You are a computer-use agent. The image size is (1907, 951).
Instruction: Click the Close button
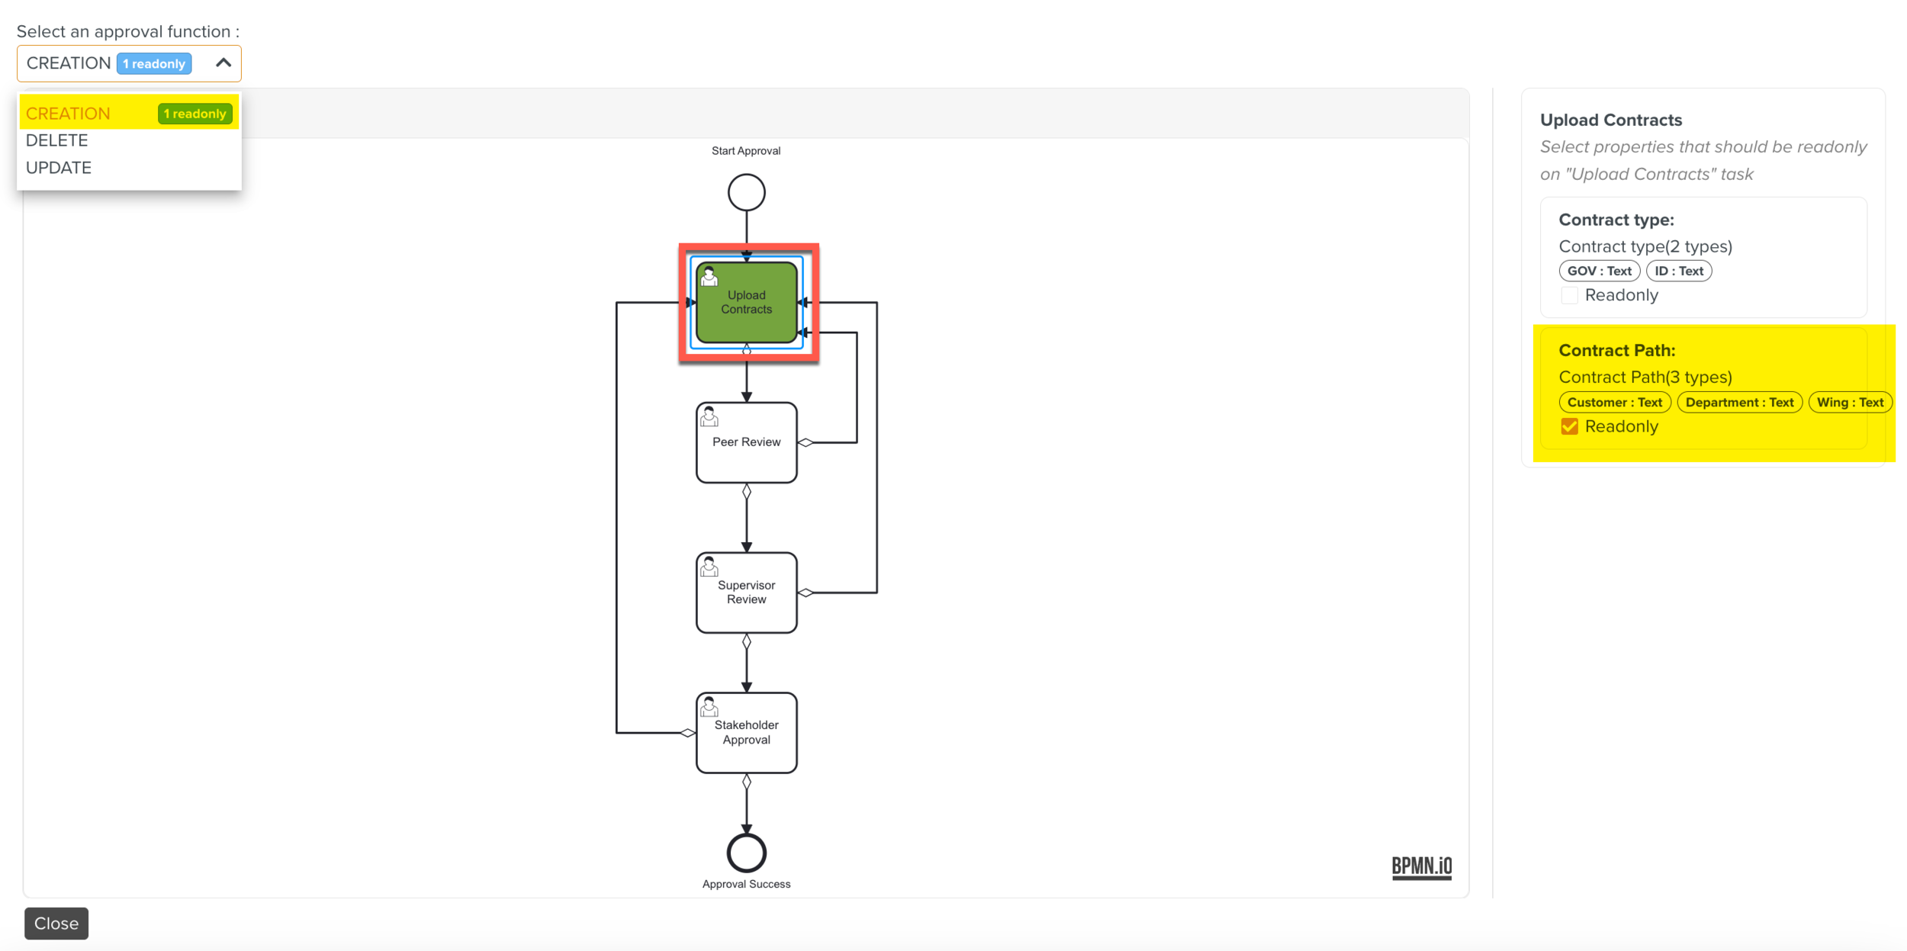click(x=56, y=923)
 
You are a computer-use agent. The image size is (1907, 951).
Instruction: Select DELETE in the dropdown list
click(x=57, y=140)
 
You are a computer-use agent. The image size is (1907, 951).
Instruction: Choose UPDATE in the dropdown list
click(x=59, y=168)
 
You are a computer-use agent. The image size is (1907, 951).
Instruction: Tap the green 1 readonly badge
click(x=195, y=114)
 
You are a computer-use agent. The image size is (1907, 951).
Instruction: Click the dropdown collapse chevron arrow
click(x=223, y=63)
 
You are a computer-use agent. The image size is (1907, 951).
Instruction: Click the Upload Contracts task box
click(x=746, y=303)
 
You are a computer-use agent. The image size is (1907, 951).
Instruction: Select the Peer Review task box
click(x=746, y=442)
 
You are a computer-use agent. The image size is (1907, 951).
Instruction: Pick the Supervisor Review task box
click(x=746, y=593)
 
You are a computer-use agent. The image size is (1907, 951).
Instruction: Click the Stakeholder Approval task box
click(x=746, y=733)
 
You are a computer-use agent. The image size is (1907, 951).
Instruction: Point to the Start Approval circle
click(x=746, y=192)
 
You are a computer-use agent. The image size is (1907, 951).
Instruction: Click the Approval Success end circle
click(x=746, y=853)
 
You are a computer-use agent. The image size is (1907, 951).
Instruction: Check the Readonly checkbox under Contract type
click(x=1569, y=296)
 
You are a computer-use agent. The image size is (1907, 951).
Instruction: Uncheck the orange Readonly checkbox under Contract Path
click(x=1569, y=426)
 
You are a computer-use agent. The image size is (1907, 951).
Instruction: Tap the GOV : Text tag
click(x=1599, y=271)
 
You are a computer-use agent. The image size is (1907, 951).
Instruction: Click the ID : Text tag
click(x=1678, y=271)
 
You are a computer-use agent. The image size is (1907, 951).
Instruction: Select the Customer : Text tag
click(x=1614, y=402)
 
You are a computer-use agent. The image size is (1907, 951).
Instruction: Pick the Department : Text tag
click(x=1739, y=402)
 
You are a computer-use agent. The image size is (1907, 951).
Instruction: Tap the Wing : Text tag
click(x=1850, y=402)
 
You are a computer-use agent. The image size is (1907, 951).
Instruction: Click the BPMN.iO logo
click(x=1421, y=866)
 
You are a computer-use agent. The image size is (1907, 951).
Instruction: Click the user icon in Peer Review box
click(x=709, y=416)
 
